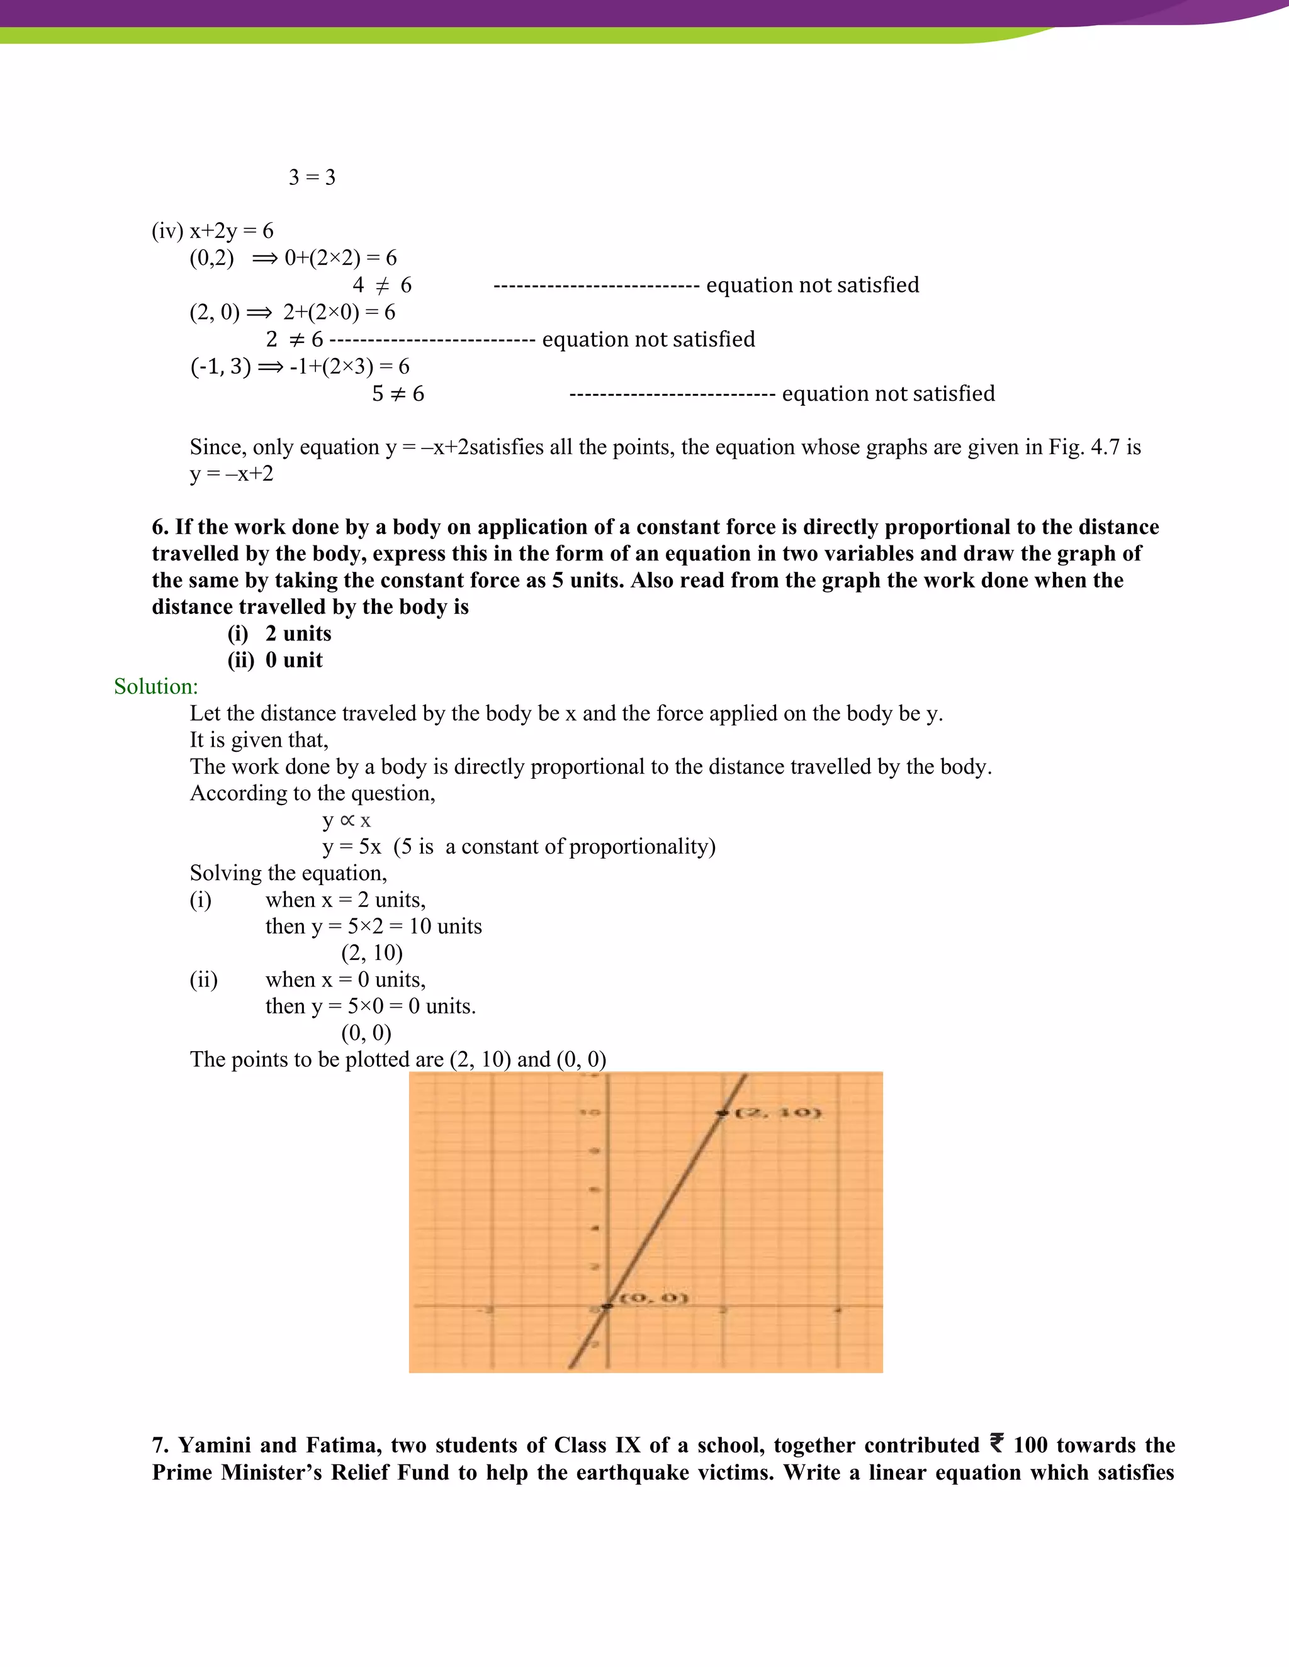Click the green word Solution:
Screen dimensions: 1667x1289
(x=156, y=686)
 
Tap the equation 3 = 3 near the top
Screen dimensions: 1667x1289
(x=312, y=177)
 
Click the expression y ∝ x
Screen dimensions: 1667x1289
(x=346, y=820)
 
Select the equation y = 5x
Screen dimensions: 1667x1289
(x=351, y=847)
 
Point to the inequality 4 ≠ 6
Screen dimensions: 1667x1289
(x=382, y=286)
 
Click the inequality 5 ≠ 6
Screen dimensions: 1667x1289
(x=398, y=394)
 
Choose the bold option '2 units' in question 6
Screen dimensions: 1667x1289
(x=298, y=633)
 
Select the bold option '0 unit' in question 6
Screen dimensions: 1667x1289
(x=293, y=661)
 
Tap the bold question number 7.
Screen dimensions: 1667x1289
(x=160, y=1446)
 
